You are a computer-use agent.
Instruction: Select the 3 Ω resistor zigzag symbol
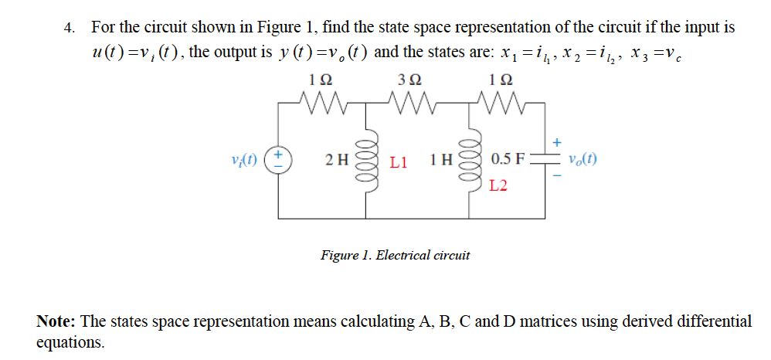click(x=408, y=100)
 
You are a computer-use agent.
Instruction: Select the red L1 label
click(x=399, y=162)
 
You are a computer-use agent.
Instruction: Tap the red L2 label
click(x=499, y=186)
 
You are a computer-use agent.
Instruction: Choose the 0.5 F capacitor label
click(x=508, y=161)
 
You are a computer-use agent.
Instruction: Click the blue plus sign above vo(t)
click(x=557, y=142)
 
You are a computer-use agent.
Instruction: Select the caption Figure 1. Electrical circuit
click(x=395, y=254)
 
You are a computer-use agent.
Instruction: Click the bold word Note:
click(x=56, y=321)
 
